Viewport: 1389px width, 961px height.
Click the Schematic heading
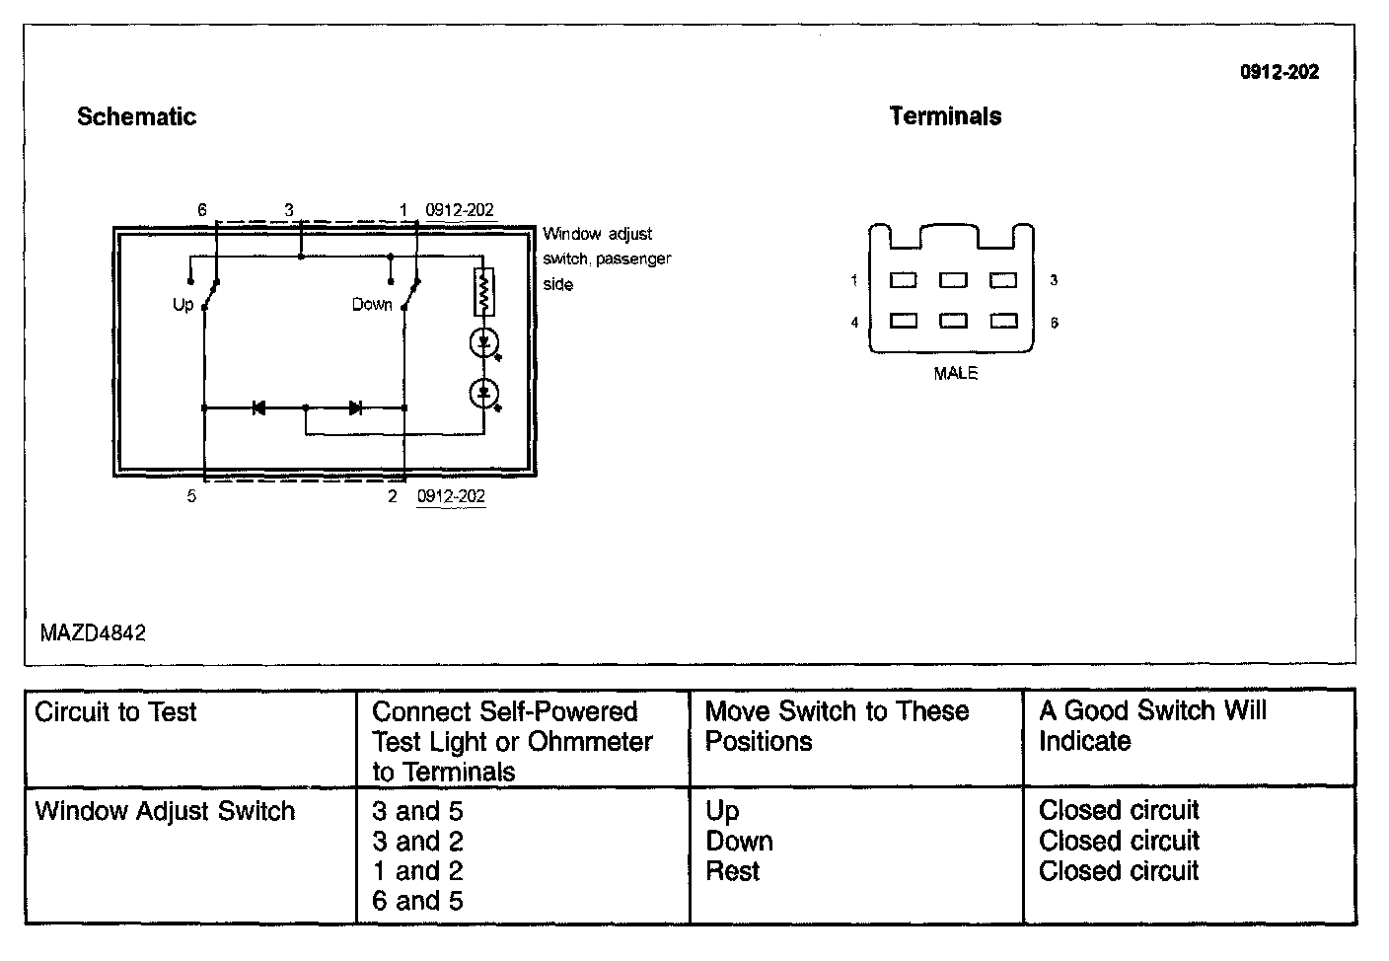[x=136, y=116]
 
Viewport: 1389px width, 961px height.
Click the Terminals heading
[x=945, y=116]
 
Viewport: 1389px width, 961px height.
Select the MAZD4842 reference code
[x=93, y=632]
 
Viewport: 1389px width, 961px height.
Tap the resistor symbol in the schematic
[x=483, y=291]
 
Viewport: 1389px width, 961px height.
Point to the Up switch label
[x=183, y=304]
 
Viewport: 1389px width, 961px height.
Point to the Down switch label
[x=372, y=304]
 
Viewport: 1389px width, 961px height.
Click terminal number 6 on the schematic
[x=202, y=210]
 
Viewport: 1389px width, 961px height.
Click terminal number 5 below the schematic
[x=191, y=496]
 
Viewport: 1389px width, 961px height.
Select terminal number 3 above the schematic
[x=289, y=210]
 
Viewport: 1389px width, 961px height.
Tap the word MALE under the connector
[x=955, y=373]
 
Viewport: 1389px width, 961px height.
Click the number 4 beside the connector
[x=854, y=323]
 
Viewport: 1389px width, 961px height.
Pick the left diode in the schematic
[x=258, y=407]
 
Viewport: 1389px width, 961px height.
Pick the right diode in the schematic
[x=355, y=407]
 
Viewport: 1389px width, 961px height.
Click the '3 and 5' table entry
[x=417, y=811]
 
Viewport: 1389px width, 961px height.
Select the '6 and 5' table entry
[x=417, y=901]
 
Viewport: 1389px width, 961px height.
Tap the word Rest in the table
[x=732, y=871]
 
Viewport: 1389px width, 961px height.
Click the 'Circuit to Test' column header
[x=115, y=711]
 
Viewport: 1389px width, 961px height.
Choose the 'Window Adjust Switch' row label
[x=165, y=811]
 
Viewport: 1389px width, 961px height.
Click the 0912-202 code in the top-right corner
[x=1279, y=72]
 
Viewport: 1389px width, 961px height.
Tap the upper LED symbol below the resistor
[x=483, y=343]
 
